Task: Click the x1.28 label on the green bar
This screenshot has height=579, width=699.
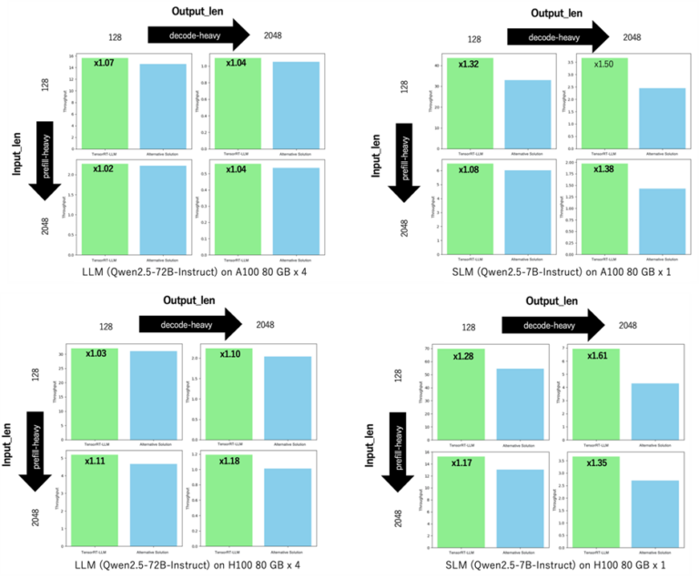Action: pyautogui.click(x=473, y=355)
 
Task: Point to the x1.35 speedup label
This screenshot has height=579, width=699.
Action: pyautogui.click(x=599, y=462)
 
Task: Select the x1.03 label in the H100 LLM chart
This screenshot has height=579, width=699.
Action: pyautogui.click(x=96, y=353)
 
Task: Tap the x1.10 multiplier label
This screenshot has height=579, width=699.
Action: pyautogui.click(x=222, y=353)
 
